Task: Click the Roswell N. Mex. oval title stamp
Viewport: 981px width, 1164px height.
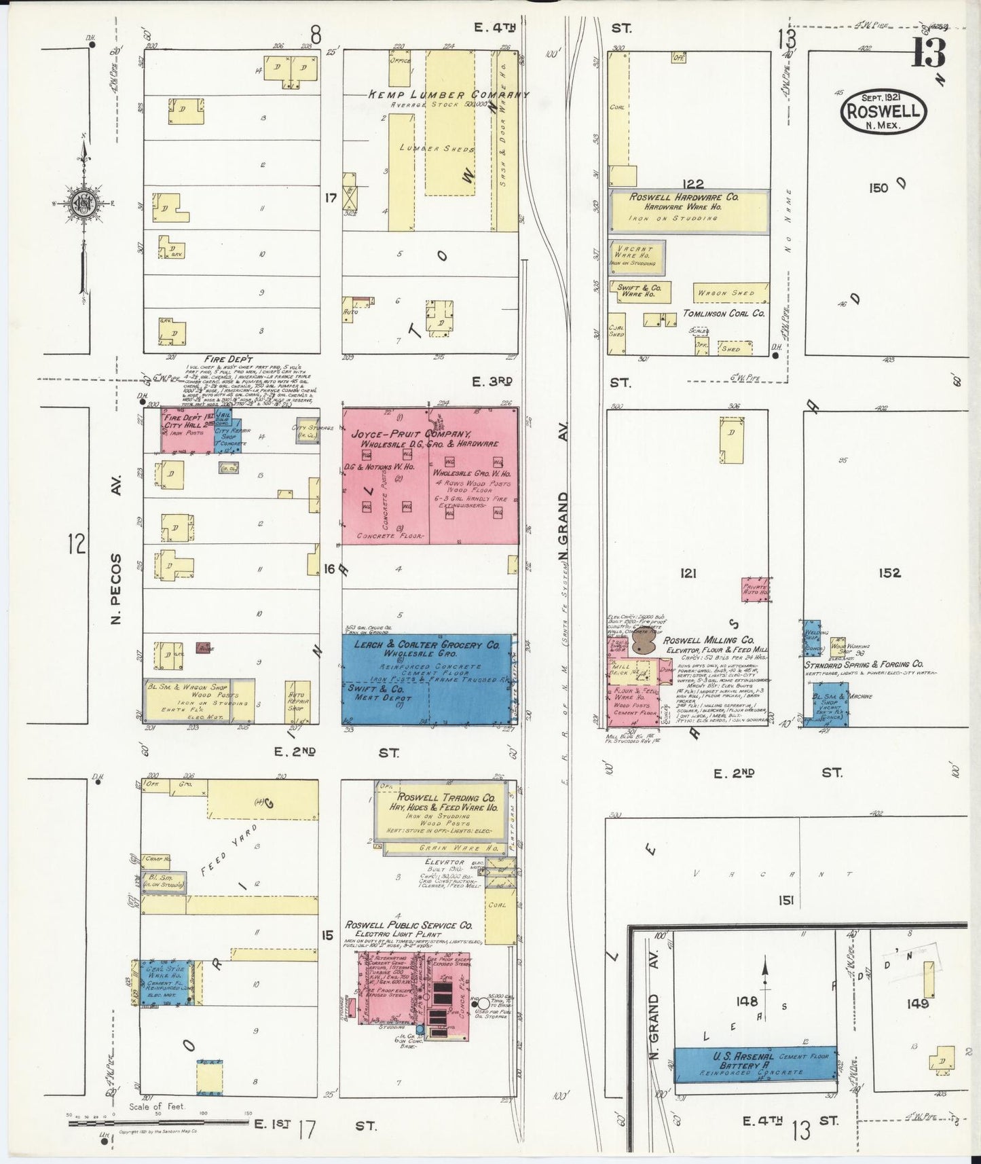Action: (x=883, y=113)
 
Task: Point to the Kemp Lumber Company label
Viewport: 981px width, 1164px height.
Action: (x=448, y=95)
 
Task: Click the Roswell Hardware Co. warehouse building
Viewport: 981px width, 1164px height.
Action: (x=689, y=208)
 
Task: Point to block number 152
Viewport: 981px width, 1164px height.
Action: (x=889, y=573)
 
